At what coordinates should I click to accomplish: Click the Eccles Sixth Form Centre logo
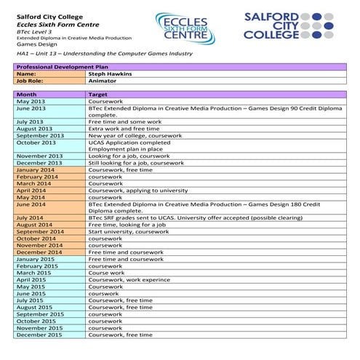pos(185,28)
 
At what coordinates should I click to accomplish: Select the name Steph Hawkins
pos(113,74)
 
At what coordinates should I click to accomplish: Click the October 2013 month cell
pos(37,142)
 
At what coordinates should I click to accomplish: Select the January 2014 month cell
pos(36,169)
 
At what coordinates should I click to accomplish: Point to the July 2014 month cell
pos(30,217)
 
